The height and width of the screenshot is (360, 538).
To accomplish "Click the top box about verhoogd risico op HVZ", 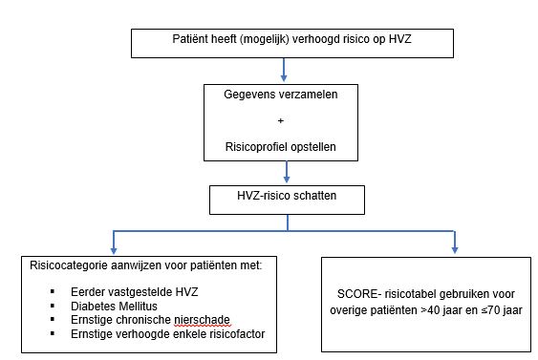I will coord(286,43).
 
